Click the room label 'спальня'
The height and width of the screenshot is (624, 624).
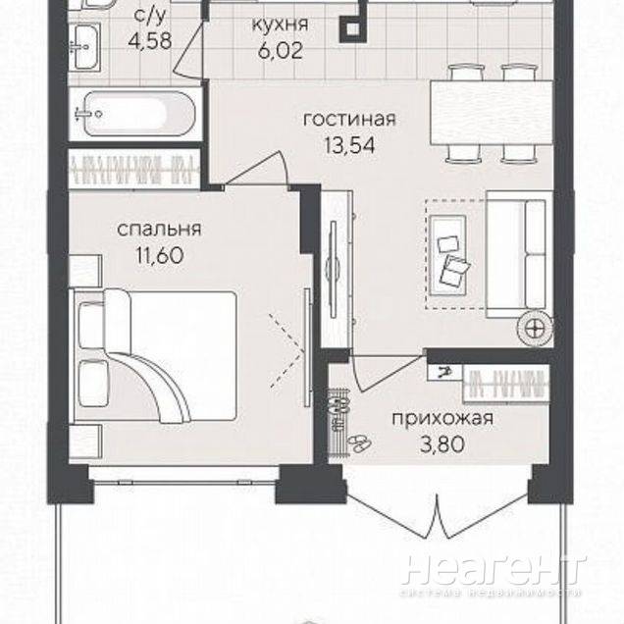point(159,230)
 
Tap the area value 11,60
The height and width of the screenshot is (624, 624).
point(160,255)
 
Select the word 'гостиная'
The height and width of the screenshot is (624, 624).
point(349,119)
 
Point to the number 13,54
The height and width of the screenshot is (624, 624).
point(349,145)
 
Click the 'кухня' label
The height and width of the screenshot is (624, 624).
point(281,25)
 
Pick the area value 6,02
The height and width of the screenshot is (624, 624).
point(281,51)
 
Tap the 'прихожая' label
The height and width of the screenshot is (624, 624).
point(442,420)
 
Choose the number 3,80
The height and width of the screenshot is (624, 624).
point(442,444)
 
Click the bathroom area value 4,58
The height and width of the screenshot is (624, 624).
point(150,40)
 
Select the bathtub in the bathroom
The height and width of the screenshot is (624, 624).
point(135,114)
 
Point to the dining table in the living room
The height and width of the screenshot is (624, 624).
point(492,112)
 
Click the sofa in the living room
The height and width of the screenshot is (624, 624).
point(519,254)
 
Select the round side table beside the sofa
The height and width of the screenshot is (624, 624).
point(535,329)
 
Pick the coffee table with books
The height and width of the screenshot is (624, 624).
point(447,255)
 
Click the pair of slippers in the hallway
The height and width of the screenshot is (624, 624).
point(359,442)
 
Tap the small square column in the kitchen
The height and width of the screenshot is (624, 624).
point(351,28)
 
